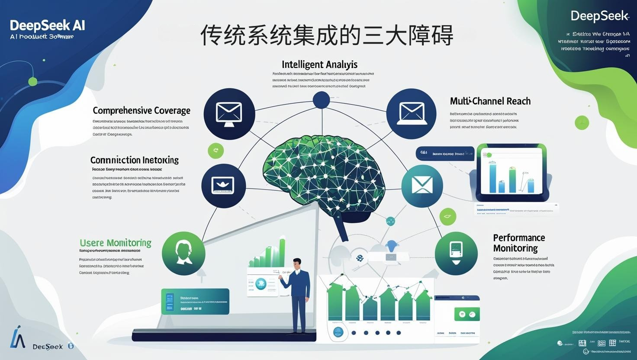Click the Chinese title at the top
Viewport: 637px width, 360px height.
[327, 35]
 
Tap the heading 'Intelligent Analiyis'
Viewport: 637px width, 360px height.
[319, 64]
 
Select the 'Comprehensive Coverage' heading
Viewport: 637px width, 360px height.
[142, 111]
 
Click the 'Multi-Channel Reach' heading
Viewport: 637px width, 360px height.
[490, 101]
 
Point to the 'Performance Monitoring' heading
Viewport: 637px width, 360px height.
[518, 243]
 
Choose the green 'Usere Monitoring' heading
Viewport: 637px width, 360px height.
[116, 243]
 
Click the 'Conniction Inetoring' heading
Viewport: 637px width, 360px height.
[134, 160]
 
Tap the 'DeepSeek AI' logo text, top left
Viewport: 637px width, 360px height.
[47, 25]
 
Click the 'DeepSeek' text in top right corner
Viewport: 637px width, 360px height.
[599, 16]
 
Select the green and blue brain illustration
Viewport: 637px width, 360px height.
[324, 173]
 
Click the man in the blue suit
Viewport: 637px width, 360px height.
[299, 294]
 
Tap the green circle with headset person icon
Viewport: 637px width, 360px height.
[183, 254]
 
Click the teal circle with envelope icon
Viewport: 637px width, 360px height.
[422, 186]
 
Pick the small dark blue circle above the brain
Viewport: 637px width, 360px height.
[321, 100]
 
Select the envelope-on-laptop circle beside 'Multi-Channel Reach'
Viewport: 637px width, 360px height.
[411, 113]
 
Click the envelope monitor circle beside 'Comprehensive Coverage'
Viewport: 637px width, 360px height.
[229, 113]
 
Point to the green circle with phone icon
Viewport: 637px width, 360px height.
[456, 253]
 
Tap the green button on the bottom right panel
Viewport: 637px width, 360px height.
[467, 315]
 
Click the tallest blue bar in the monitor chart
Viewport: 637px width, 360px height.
[493, 178]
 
